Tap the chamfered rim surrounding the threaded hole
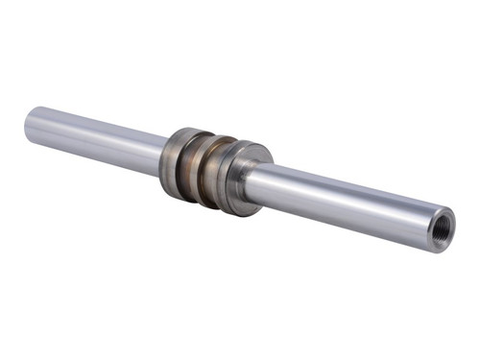pyautogui.click(x=449, y=220)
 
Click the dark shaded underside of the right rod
pyautogui.click(x=346, y=219)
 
